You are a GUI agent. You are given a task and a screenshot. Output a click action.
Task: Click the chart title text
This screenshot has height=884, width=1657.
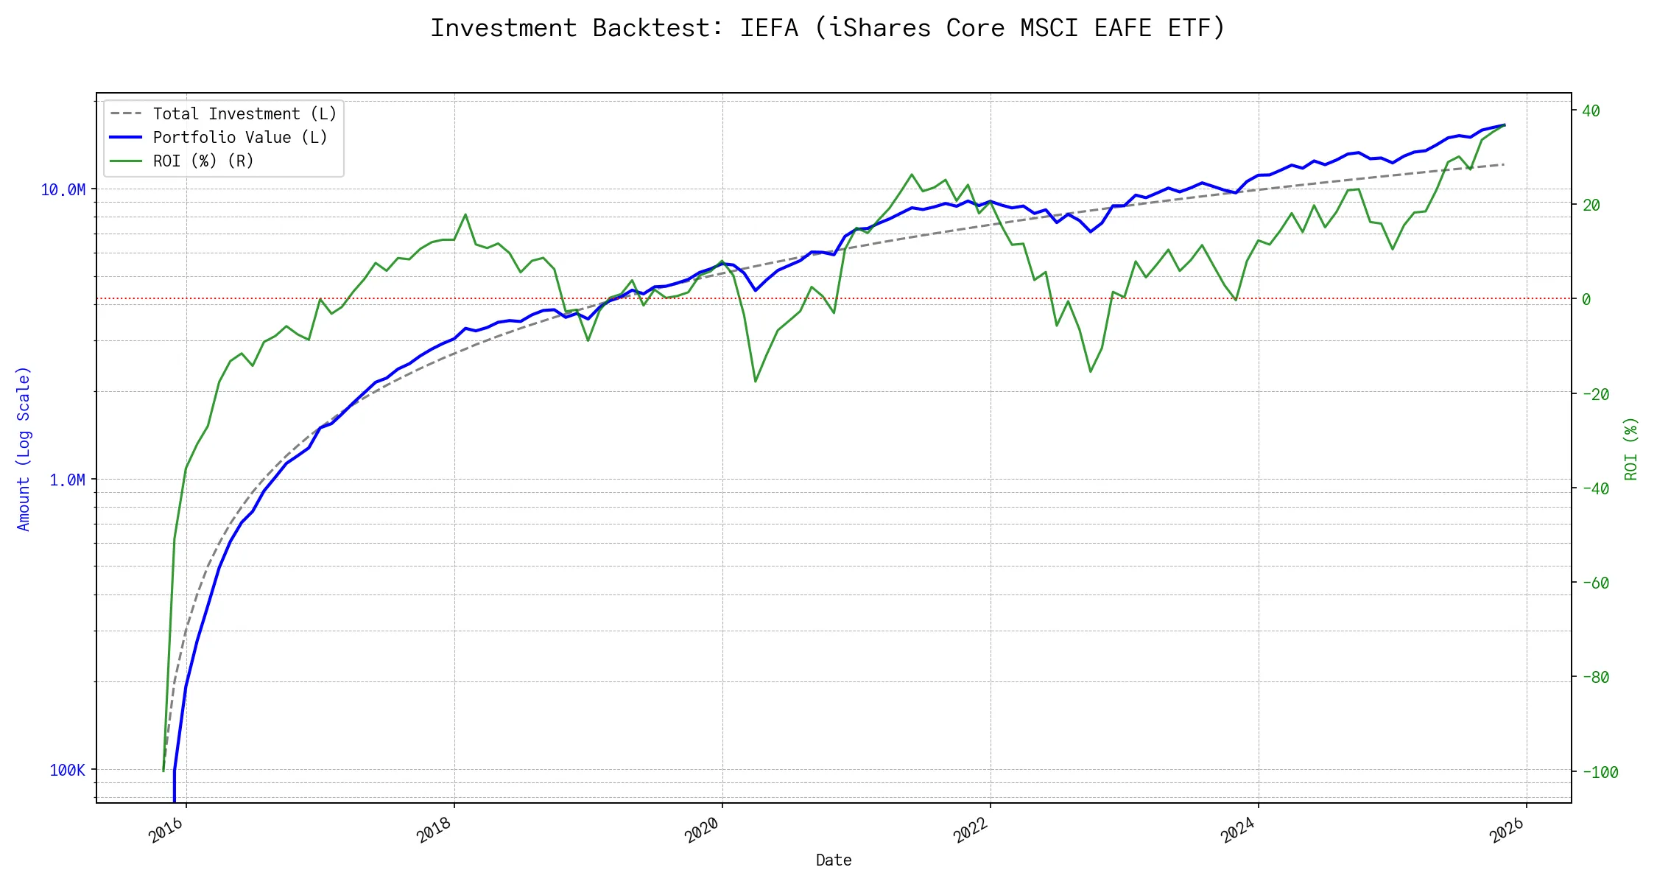coord(828,28)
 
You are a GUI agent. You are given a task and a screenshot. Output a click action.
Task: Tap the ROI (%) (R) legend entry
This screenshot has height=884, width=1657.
coord(203,161)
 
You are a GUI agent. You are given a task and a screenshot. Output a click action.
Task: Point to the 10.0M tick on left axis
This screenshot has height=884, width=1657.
coord(63,190)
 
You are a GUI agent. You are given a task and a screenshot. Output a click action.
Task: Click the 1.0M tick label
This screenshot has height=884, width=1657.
coord(67,480)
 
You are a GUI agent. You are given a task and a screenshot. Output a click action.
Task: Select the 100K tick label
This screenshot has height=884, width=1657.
coord(67,771)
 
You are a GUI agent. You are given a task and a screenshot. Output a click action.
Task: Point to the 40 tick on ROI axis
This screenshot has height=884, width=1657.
coord(1591,111)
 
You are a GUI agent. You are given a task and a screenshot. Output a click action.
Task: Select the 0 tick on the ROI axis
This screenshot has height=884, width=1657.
coord(1586,300)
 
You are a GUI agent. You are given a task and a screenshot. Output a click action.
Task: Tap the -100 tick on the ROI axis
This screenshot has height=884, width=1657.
coord(1600,773)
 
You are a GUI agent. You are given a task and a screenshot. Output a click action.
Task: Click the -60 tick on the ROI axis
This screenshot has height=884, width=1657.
coord(1595,583)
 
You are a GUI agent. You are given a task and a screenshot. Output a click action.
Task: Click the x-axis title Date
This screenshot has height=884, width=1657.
coord(834,860)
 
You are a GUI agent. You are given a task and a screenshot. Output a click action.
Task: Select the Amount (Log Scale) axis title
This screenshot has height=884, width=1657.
coord(24,449)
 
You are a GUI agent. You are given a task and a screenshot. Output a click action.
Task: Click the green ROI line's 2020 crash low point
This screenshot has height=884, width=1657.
coord(756,381)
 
